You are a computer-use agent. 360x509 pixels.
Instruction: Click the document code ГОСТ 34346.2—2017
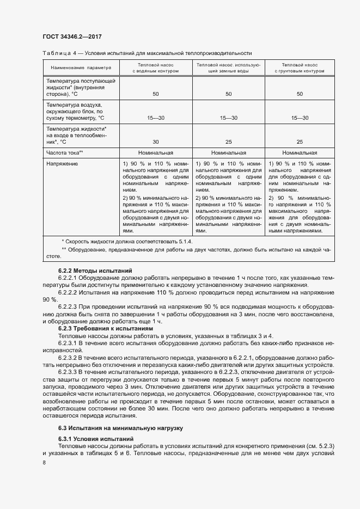tap(72, 36)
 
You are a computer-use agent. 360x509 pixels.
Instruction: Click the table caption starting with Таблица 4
tap(147, 53)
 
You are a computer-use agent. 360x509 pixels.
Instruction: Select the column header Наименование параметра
tap(81, 68)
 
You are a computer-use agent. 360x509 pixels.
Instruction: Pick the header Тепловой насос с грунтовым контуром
tap(299, 68)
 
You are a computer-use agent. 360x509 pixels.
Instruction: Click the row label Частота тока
tap(64, 153)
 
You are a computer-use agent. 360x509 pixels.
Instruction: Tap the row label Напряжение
tap(62, 163)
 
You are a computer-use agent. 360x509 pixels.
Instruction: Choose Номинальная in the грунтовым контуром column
tap(299, 153)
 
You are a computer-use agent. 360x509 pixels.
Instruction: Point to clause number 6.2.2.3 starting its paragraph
tap(69, 307)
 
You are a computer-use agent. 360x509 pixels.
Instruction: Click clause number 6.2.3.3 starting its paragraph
tap(69, 371)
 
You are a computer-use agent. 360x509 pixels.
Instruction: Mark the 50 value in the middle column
tap(228, 94)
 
